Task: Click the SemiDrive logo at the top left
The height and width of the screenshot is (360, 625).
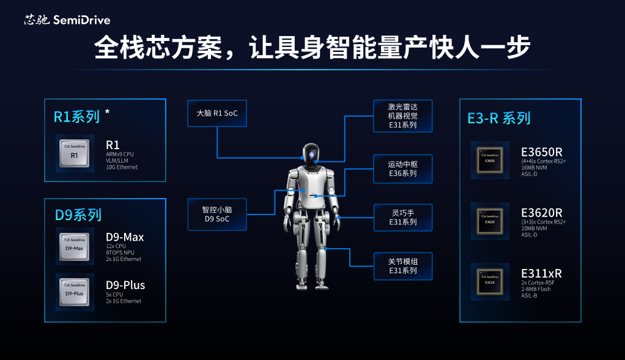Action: pyautogui.click(x=67, y=20)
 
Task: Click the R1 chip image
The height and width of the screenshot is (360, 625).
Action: pyautogui.click(x=75, y=154)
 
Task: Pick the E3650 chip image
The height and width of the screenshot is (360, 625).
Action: pyautogui.click(x=489, y=160)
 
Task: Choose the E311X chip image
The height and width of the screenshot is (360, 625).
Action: pyautogui.click(x=489, y=281)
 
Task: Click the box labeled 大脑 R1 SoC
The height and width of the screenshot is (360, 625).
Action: pyautogui.click(x=217, y=113)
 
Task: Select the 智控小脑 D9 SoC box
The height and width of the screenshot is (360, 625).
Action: pyautogui.click(x=217, y=214)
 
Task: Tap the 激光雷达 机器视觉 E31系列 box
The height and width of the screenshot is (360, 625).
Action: pyautogui.click(x=403, y=116)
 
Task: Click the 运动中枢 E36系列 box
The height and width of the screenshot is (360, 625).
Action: pyautogui.click(x=403, y=169)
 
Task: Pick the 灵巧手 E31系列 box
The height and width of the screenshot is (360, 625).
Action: pyautogui.click(x=403, y=218)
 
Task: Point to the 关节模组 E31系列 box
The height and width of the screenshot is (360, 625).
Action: pyautogui.click(x=403, y=266)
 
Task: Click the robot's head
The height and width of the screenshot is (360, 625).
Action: pyautogui.click(x=311, y=156)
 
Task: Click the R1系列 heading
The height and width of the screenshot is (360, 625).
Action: pyautogui.click(x=77, y=117)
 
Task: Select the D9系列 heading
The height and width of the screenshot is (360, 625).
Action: pyautogui.click(x=78, y=215)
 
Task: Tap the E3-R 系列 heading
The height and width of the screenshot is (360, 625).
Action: pyautogui.click(x=499, y=118)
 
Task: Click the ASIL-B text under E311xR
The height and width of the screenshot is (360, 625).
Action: pyautogui.click(x=530, y=295)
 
